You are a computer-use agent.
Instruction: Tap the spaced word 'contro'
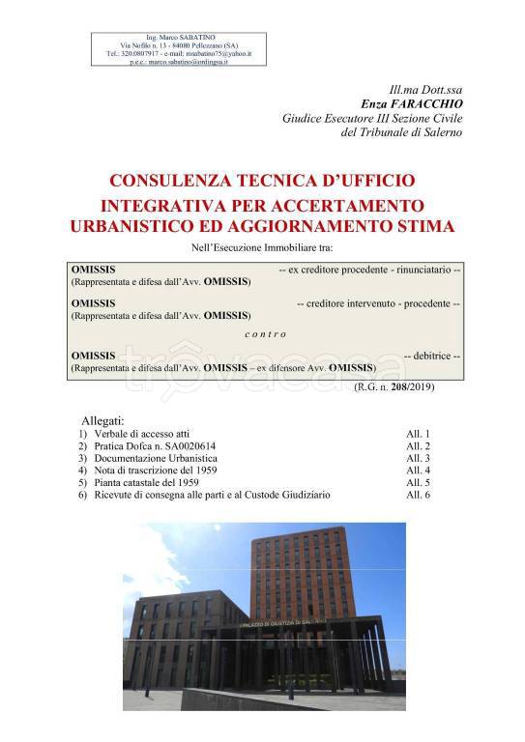coord(262,333)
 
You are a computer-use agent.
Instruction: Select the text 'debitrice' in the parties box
coord(434,355)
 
